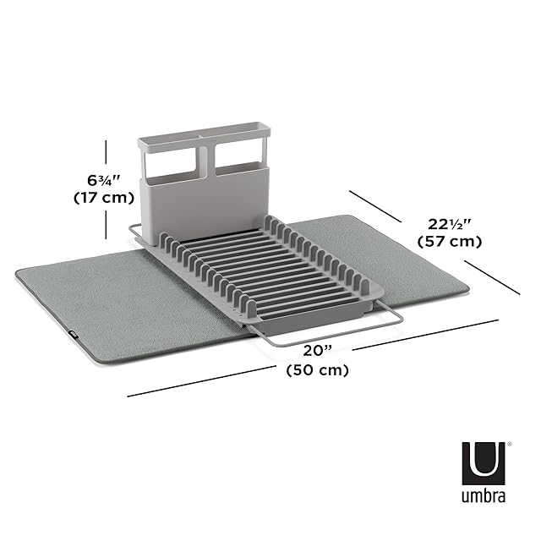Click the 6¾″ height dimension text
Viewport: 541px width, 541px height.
click(103, 180)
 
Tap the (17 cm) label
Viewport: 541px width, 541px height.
click(104, 198)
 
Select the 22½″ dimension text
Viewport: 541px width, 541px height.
click(449, 224)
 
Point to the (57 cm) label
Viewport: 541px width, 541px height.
click(449, 241)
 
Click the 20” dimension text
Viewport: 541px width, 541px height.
click(317, 351)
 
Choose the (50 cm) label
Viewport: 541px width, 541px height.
click(318, 370)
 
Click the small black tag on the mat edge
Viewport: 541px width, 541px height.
click(74, 333)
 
